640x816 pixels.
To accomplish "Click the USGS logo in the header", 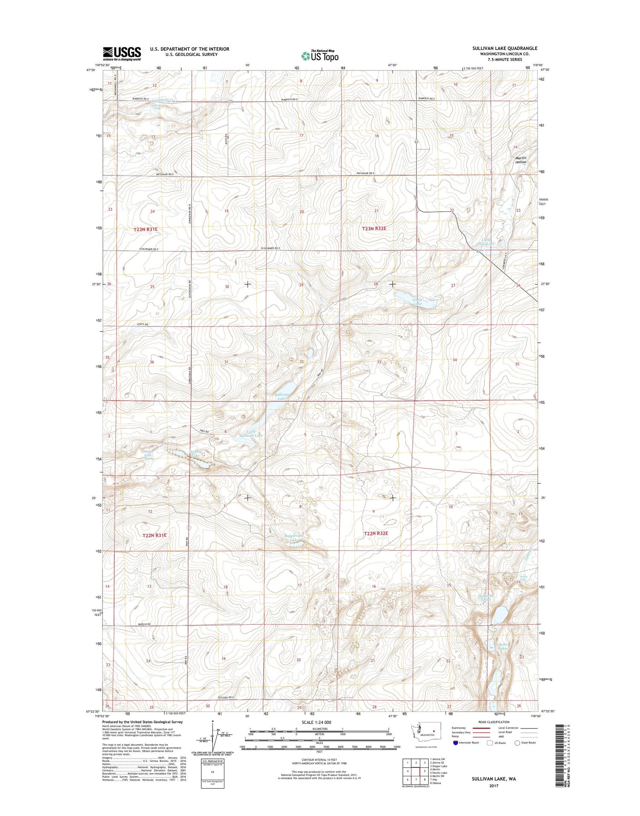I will [122, 54].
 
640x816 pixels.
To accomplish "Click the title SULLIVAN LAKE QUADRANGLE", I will [504, 48].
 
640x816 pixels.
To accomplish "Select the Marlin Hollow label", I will [521, 160].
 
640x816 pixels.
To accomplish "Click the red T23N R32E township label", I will [374, 229].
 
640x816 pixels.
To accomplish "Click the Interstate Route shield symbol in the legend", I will [456, 743].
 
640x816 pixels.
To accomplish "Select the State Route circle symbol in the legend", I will [518, 743].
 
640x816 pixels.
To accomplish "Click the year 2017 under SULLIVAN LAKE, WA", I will [494, 786].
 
